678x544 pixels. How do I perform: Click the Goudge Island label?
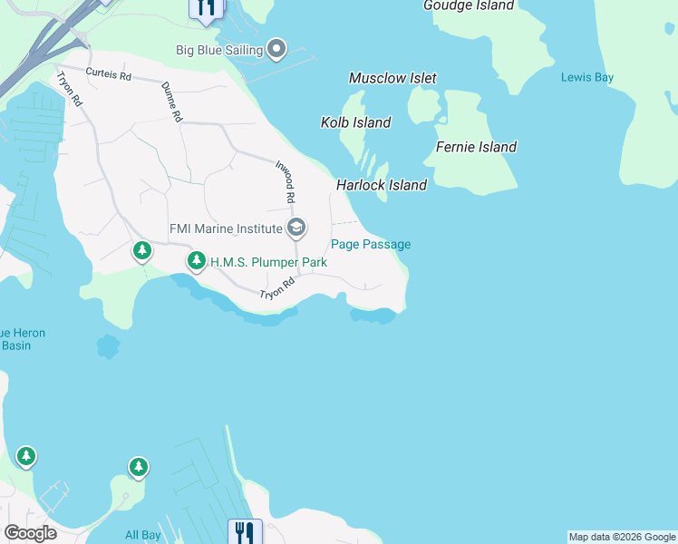[469, 5]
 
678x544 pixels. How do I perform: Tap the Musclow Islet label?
[392, 79]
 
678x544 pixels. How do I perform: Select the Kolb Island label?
[356, 122]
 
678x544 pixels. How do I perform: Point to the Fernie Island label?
[476, 147]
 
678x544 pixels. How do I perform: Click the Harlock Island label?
[382, 185]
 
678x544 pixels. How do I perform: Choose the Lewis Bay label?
[587, 78]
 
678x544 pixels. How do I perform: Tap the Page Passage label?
[371, 244]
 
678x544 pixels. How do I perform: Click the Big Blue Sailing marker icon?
[276, 49]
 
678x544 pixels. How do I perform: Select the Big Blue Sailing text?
[219, 50]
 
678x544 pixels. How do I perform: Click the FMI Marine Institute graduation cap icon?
[295, 228]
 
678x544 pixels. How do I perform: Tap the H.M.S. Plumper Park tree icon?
[196, 262]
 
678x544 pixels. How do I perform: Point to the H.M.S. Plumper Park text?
[268, 263]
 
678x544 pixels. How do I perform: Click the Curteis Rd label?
[109, 74]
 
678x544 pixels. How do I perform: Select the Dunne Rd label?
[172, 102]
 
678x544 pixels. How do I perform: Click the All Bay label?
[143, 535]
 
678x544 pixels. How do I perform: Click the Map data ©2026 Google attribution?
[622, 537]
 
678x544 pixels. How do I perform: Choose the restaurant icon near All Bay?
[244, 532]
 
